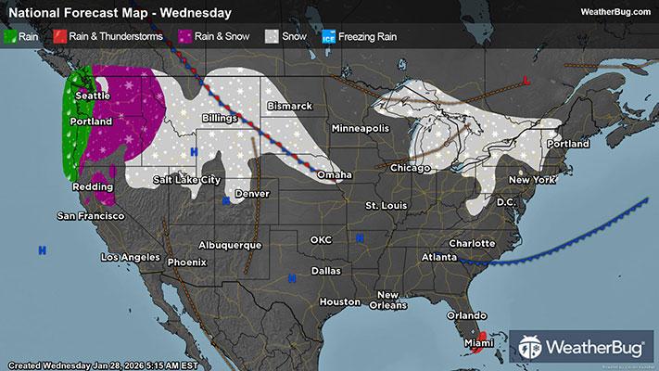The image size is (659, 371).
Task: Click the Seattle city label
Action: pyautogui.click(x=92, y=96)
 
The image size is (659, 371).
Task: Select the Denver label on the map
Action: pyautogui.click(x=252, y=194)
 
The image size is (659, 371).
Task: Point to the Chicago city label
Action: pyautogui.click(x=411, y=168)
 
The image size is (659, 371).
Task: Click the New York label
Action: pyautogui.click(x=531, y=178)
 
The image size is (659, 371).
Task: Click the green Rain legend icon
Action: pyautogui.click(x=11, y=37)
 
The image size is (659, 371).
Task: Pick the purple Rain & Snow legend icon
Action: pyautogui.click(x=186, y=37)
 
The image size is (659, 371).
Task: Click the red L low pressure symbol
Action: pyautogui.click(x=526, y=81)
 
